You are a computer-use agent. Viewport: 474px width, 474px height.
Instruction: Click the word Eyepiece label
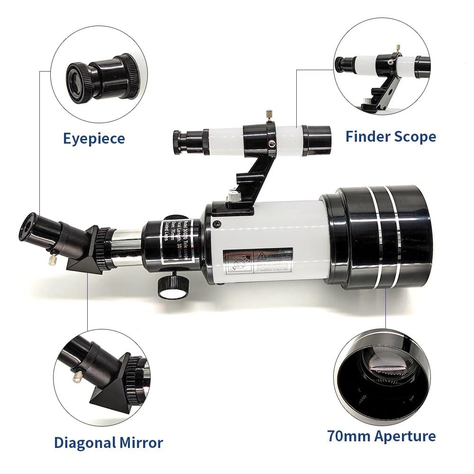pos(94,138)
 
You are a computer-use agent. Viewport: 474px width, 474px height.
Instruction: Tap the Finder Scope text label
pos(391,137)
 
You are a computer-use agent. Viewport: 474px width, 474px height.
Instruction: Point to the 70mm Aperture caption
pos(381,436)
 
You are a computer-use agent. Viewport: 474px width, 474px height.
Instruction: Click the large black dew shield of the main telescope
pos(379,237)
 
